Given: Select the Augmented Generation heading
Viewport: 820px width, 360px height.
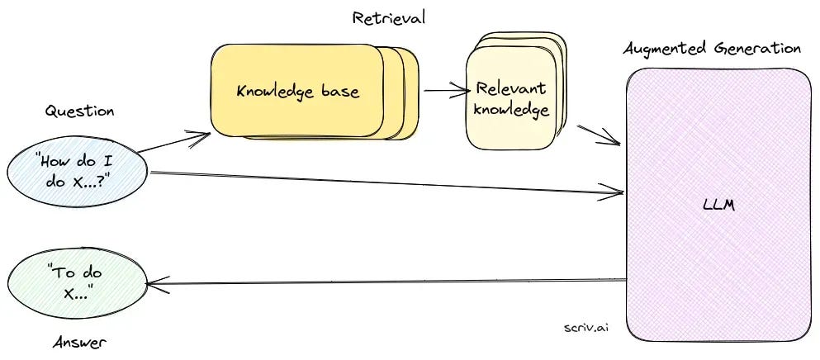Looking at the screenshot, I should tap(712, 48).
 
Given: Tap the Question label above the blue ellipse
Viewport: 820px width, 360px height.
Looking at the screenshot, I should tap(79, 111).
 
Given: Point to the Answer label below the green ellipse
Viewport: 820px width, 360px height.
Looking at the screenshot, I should tap(79, 341).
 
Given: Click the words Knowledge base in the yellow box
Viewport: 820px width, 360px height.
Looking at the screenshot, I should tap(297, 91).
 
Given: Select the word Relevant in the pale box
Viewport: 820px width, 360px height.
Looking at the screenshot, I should tap(511, 89).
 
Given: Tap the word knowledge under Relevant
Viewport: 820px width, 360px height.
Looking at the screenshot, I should tap(511, 109).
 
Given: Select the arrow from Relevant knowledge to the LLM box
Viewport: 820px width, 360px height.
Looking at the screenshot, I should tap(598, 135).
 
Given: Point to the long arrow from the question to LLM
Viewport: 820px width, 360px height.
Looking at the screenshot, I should tap(388, 183).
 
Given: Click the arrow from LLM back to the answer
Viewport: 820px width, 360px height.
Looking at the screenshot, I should tap(388, 282).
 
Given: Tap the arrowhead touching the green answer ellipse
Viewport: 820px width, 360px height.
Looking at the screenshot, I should tap(153, 283).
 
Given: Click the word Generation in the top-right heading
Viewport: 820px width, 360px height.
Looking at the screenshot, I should tap(757, 48).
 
